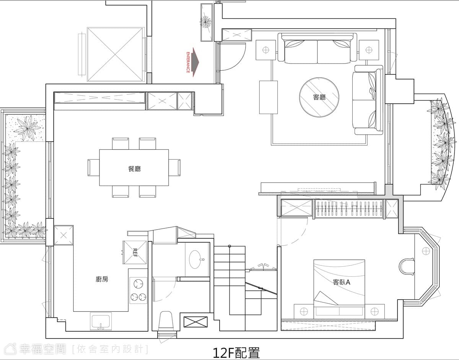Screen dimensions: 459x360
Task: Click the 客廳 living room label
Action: (x=319, y=97)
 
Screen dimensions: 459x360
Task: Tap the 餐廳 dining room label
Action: (x=134, y=169)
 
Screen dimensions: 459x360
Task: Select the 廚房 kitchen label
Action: (x=102, y=279)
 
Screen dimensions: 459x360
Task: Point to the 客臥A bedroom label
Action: (x=341, y=282)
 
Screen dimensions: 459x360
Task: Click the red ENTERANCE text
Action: (x=188, y=62)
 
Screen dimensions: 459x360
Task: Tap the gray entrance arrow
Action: (x=195, y=62)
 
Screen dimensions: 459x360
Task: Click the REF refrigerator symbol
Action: (x=135, y=252)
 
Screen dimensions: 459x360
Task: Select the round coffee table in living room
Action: (x=319, y=97)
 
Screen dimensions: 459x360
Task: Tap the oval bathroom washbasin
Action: (x=195, y=259)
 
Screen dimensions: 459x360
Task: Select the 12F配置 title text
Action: (x=236, y=353)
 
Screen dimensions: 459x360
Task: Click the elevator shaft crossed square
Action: (x=115, y=54)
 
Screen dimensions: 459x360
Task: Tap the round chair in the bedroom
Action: (x=407, y=267)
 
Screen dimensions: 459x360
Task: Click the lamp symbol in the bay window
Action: (x=426, y=251)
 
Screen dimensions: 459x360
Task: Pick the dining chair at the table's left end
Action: (x=93, y=168)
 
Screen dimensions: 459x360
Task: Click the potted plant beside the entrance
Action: (x=205, y=22)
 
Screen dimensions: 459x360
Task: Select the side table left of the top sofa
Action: (x=266, y=50)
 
